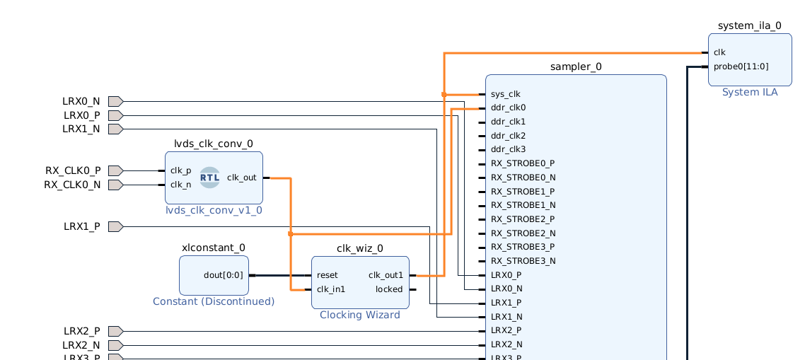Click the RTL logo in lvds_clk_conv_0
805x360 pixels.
coord(209,178)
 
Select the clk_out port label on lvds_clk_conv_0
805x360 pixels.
coord(242,178)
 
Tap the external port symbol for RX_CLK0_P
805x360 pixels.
coord(115,170)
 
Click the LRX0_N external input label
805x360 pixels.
coord(81,101)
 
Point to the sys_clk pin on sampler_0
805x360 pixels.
coord(505,94)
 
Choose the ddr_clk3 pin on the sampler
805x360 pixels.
coord(508,149)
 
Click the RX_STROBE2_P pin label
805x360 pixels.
coord(523,219)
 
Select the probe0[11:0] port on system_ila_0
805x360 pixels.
coord(741,66)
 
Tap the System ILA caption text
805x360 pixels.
coord(750,93)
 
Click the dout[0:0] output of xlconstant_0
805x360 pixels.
coord(223,275)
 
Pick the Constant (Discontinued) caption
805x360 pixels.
coord(214,301)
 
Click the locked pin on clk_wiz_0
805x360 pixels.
coord(389,289)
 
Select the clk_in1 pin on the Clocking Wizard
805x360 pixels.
coord(331,289)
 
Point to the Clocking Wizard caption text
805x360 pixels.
coord(360,315)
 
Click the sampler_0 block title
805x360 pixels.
coord(576,67)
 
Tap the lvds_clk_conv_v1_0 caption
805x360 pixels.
coord(214,210)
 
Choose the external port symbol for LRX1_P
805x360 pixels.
coord(115,226)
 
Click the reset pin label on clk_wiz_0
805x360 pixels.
coord(328,275)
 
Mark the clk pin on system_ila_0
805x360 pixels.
coord(719,52)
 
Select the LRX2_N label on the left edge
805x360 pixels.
coord(82,345)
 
